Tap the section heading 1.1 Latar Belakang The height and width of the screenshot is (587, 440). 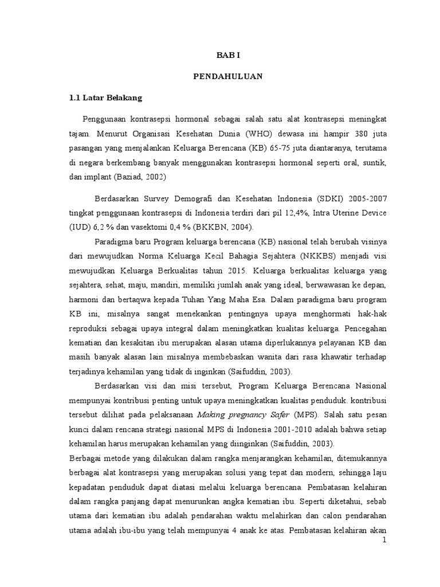point(105,98)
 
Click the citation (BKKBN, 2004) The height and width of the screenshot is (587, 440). point(214,227)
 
